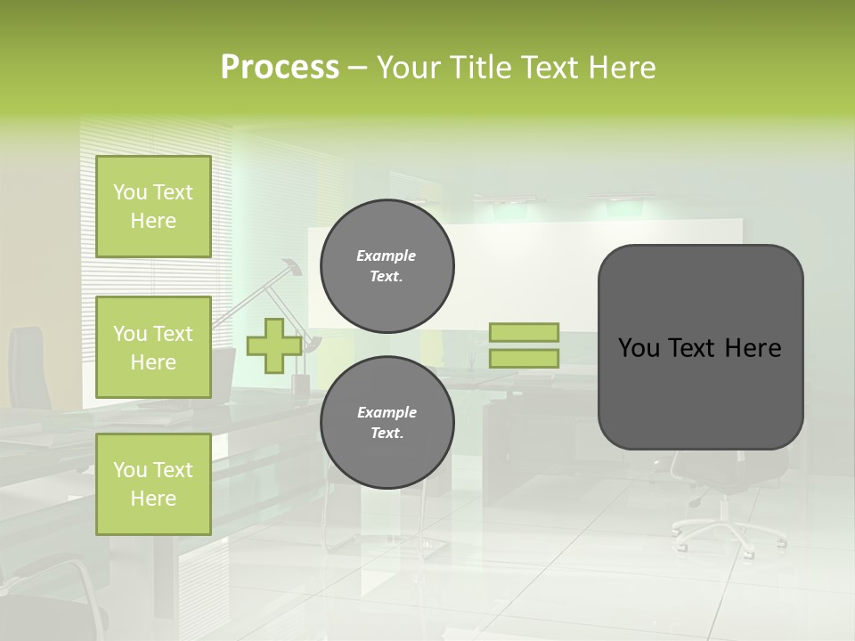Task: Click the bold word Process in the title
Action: (280, 68)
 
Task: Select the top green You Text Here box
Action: (153, 207)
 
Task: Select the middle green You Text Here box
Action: (153, 347)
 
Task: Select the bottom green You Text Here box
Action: (153, 483)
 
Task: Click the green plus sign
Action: (273, 346)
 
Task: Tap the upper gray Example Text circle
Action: (387, 266)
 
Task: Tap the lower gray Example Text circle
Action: (387, 423)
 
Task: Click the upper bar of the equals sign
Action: (524, 333)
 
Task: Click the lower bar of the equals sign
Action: (524, 359)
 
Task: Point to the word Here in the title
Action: (620, 68)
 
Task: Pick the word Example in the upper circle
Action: (387, 256)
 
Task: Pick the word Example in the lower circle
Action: (387, 412)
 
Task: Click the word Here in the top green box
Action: (153, 221)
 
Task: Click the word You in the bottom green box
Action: (129, 470)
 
